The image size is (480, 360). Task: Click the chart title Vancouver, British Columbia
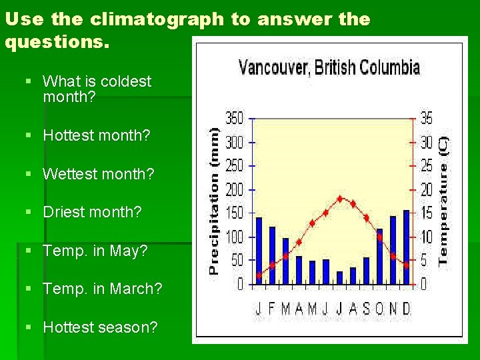point(329,67)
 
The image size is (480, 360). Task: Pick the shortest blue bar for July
point(339,277)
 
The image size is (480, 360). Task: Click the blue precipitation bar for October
point(379,257)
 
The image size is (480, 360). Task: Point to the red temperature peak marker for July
point(340,198)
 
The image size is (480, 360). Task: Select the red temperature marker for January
point(259,275)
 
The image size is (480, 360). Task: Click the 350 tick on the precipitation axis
point(235,119)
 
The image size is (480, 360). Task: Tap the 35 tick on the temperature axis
point(425,119)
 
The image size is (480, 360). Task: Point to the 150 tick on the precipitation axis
point(235,213)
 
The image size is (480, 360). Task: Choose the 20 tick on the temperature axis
point(425,190)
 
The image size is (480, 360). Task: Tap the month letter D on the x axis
point(406,309)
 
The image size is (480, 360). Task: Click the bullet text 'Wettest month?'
point(98,174)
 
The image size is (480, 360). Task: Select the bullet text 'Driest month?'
point(92,212)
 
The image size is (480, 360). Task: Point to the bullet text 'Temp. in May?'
point(95,251)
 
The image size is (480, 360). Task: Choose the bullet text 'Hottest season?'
point(100,327)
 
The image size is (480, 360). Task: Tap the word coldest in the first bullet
point(127,81)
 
